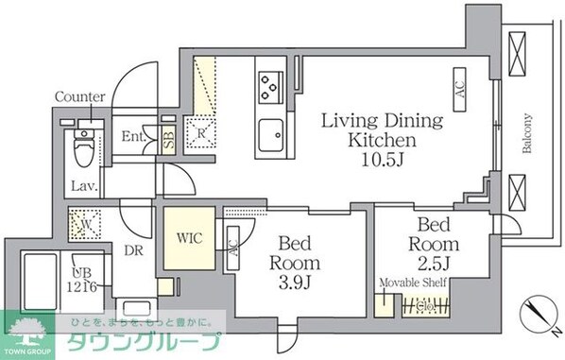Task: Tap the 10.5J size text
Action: [x=381, y=158]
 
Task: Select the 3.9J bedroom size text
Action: [x=294, y=281]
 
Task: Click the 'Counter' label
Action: [x=79, y=97]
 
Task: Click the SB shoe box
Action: [x=168, y=139]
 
